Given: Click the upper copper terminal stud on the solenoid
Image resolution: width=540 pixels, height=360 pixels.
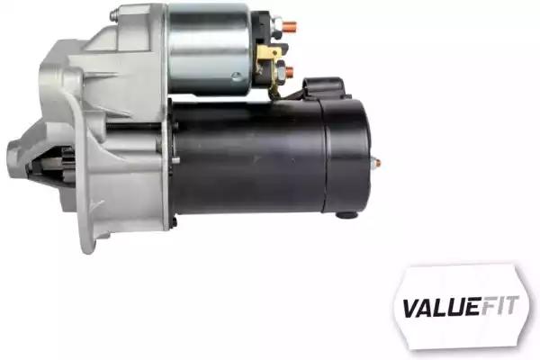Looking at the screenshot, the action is [x=289, y=26].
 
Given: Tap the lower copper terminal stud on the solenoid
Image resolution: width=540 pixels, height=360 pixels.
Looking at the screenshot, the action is [x=290, y=72].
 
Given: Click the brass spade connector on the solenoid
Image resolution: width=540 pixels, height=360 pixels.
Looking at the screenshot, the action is [x=269, y=54].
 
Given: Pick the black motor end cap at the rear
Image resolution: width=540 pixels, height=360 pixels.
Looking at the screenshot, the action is [x=346, y=156].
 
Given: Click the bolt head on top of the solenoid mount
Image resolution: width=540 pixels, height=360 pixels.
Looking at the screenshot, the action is [x=114, y=14].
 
